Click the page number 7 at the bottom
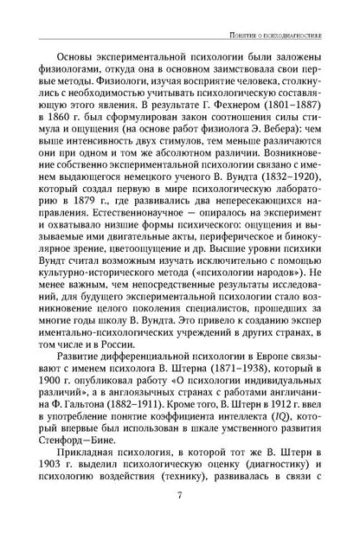(179, 519)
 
